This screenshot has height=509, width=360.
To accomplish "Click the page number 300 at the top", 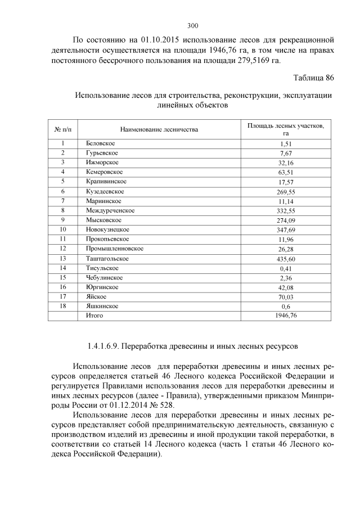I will click(x=192, y=25).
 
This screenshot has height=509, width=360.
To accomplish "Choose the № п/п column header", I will click(x=64, y=130).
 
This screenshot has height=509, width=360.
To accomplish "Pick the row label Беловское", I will click(x=100, y=143).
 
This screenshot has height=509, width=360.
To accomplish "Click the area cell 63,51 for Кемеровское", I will click(x=287, y=172).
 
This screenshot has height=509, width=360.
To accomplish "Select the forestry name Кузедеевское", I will click(x=105, y=191).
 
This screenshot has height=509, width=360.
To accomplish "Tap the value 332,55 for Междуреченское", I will click(x=287, y=210).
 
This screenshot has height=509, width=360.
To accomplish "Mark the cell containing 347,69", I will click(x=287, y=229).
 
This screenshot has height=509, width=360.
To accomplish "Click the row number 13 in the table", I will click(x=64, y=258).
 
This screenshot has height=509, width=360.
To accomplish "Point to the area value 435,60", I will click(x=287, y=258).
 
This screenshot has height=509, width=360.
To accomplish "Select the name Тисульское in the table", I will click(x=102, y=268).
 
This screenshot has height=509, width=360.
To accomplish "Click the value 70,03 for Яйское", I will click(x=287, y=296).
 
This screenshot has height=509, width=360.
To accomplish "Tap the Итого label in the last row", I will click(x=95, y=316).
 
